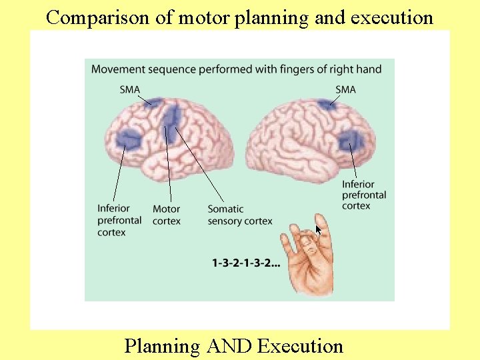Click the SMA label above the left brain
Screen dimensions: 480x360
(130, 90)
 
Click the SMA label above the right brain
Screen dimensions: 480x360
(345, 90)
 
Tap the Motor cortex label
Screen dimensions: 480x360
(166, 215)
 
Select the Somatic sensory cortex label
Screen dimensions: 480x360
(240, 215)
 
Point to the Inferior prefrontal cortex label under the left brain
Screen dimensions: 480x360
(119, 220)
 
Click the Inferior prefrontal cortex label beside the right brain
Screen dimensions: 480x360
(363, 195)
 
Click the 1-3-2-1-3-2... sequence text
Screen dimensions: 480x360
(246, 263)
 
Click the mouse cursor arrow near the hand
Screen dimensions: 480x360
(319, 230)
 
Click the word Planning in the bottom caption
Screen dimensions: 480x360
(163, 346)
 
